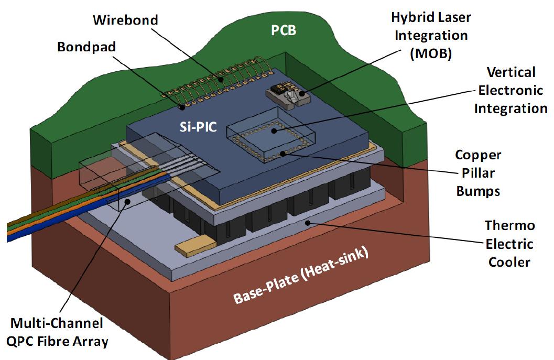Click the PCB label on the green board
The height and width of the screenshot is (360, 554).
pos(283,30)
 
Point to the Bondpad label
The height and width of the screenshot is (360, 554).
pos(86,47)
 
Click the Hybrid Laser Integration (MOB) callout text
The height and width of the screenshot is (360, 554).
pos(431,36)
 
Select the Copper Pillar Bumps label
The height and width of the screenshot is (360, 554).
pos(477,172)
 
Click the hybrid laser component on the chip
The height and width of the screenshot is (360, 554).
pos(287,94)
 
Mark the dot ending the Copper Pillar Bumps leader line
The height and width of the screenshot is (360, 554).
pos(284,154)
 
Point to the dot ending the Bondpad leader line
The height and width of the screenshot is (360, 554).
pos(182,107)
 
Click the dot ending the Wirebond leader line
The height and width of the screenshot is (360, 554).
pos(221,80)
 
